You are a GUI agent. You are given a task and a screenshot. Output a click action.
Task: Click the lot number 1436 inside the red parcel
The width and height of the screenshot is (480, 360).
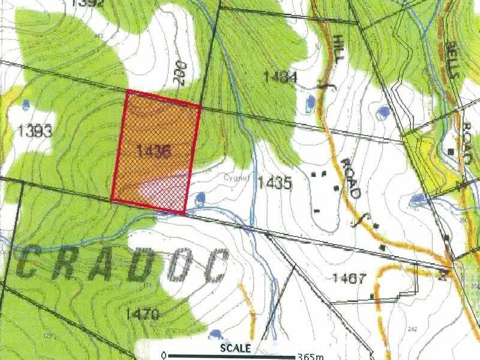154,151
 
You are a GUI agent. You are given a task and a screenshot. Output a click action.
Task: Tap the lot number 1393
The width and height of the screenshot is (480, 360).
35,130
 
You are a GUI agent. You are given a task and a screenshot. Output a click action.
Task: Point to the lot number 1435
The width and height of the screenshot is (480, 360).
275,183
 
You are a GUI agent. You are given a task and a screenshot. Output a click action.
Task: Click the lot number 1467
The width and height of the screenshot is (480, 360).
349,278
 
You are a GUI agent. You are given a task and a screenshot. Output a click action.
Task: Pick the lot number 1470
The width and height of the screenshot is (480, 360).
142,313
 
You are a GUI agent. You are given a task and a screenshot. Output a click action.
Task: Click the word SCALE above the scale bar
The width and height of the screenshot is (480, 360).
235,348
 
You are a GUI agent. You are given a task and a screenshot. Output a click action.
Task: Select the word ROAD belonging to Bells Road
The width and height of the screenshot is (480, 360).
467,142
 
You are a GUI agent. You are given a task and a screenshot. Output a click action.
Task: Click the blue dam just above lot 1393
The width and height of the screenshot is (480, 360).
26,104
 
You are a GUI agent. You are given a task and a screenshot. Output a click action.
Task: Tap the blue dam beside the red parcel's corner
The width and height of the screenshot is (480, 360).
200,197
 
